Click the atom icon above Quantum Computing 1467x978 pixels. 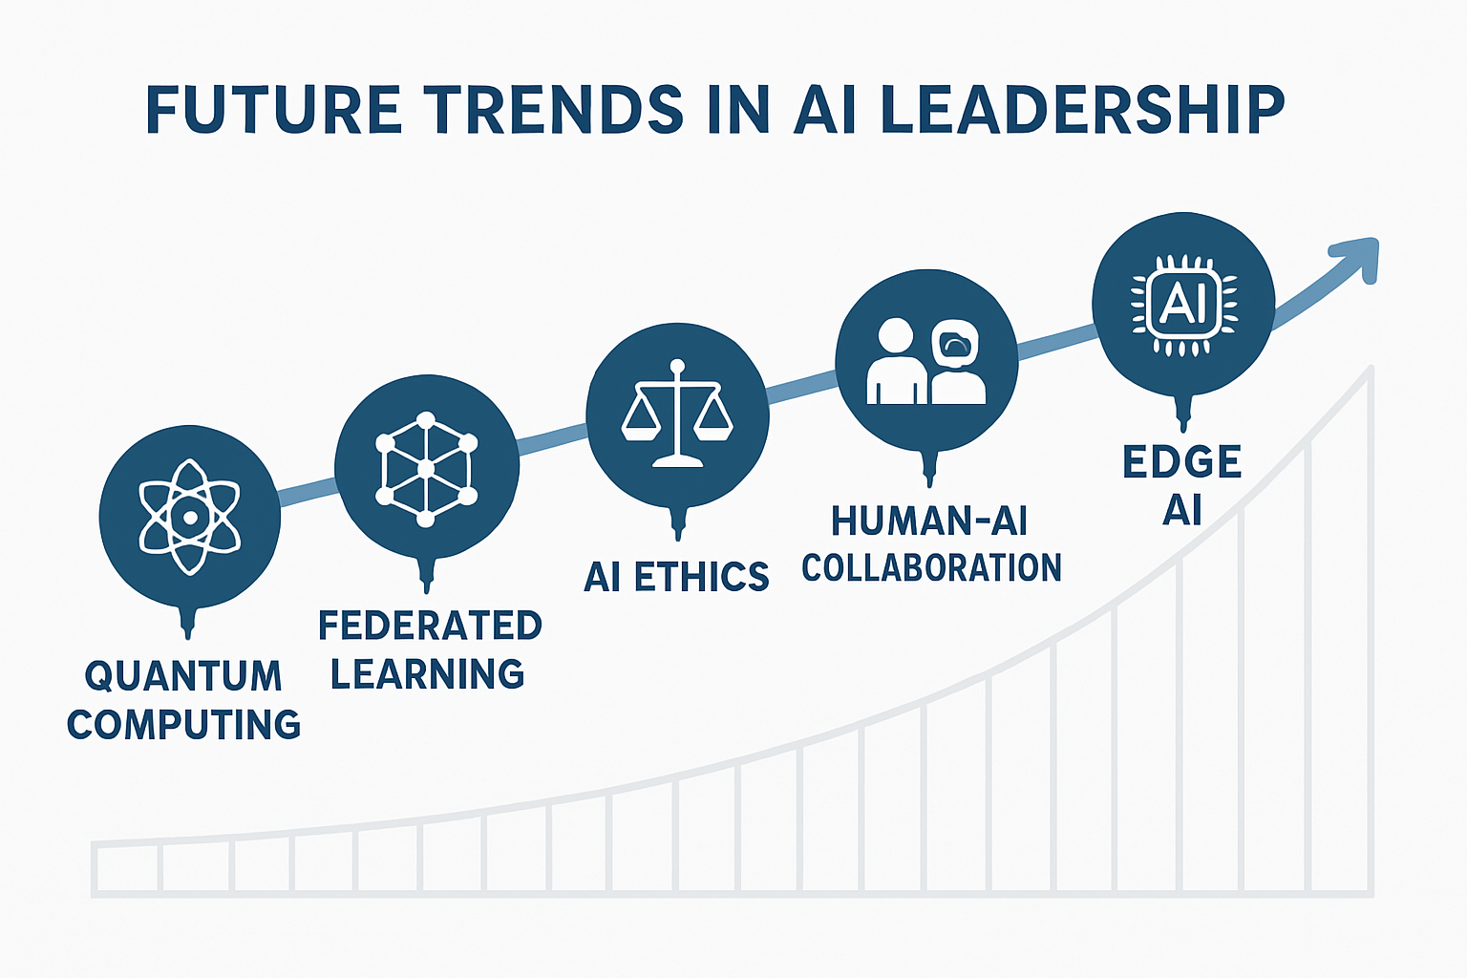[x=189, y=517]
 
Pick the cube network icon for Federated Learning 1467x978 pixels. [x=426, y=468]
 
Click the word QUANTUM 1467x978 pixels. [x=183, y=676]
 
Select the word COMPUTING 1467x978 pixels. [x=183, y=724]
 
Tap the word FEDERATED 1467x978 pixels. [x=430, y=626]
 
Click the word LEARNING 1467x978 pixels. [x=427, y=674]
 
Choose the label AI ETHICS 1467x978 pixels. [x=676, y=577]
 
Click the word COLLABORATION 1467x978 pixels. [x=931, y=567]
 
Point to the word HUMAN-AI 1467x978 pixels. [x=928, y=521]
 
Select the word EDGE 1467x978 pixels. [x=1182, y=462]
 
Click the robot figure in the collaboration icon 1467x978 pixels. [x=957, y=363]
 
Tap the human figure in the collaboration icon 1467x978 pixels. [x=896, y=363]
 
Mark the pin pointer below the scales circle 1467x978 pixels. [x=679, y=522]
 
